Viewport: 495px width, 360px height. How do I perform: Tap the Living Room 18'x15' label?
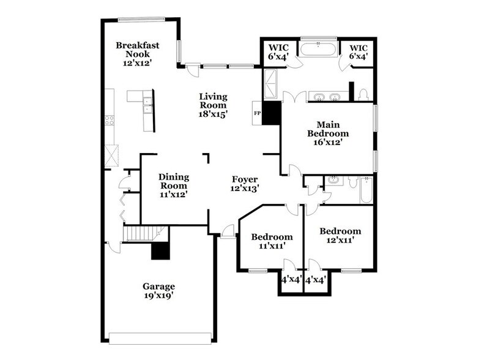(214, 105)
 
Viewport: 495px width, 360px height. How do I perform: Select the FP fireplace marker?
(256, 114)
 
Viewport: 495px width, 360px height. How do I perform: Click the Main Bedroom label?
(328, 132)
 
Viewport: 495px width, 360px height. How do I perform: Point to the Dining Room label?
(174, 185)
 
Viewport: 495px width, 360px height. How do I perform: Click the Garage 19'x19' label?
(159, 291)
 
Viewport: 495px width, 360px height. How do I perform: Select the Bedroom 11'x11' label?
(272, 241)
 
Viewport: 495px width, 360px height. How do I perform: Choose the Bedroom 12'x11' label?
(340, 236)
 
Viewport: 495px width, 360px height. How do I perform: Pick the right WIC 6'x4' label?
(359, 51)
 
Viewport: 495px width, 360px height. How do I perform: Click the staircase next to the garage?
(146, 233)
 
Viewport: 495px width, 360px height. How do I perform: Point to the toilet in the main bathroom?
(363, 95)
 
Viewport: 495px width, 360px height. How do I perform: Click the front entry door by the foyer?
(228, 231)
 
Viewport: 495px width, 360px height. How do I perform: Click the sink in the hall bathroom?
(333, 181)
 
